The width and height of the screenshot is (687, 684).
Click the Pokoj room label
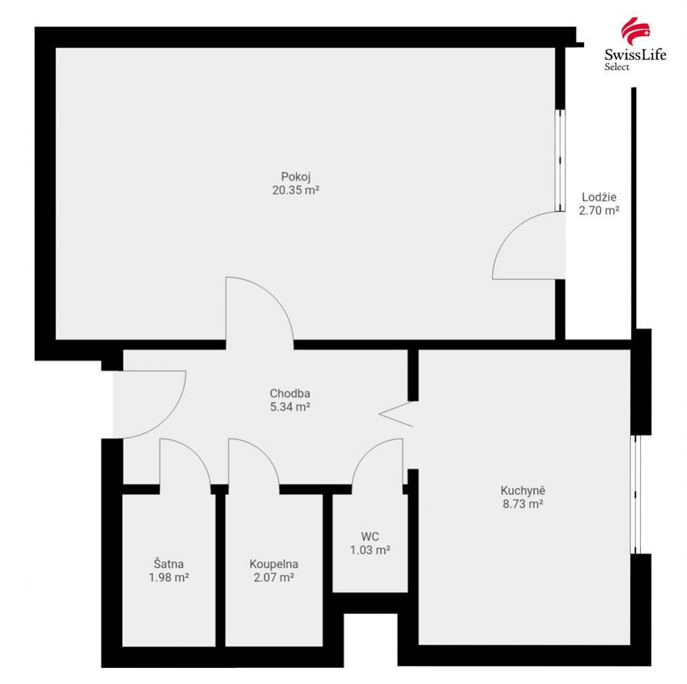click(x=296, y=177)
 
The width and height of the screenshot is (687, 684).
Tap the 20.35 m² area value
click(x=296, y=191)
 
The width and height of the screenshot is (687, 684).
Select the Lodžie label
click(x=599, y=197)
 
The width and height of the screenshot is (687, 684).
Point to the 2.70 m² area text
click(x=599, y=211)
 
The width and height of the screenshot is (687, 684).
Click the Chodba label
click(x=290, y=393)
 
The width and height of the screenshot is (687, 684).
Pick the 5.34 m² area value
click(x=290, y=407)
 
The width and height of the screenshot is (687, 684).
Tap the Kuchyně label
click(x=522, y=490)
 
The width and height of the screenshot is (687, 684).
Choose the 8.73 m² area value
click(x=522, y=504)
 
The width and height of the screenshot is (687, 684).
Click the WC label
click(x=370, y=536)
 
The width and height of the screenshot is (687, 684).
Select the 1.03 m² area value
click(x=370, y=550)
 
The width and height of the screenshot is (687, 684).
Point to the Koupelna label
click(x=274, y=564)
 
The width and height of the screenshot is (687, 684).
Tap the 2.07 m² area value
click(x=274, y=578)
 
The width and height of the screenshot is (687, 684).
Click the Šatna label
click(x=169, y=564)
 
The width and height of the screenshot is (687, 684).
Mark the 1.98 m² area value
click(x=169, y=578)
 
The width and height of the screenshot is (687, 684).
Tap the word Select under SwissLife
click(x=617, y=67)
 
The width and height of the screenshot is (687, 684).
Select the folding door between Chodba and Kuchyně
click(x=395, y=414)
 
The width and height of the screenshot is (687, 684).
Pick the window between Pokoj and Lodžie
click(x=560, y=160)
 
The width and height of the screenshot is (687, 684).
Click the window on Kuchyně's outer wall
click(x=635, y=494)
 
